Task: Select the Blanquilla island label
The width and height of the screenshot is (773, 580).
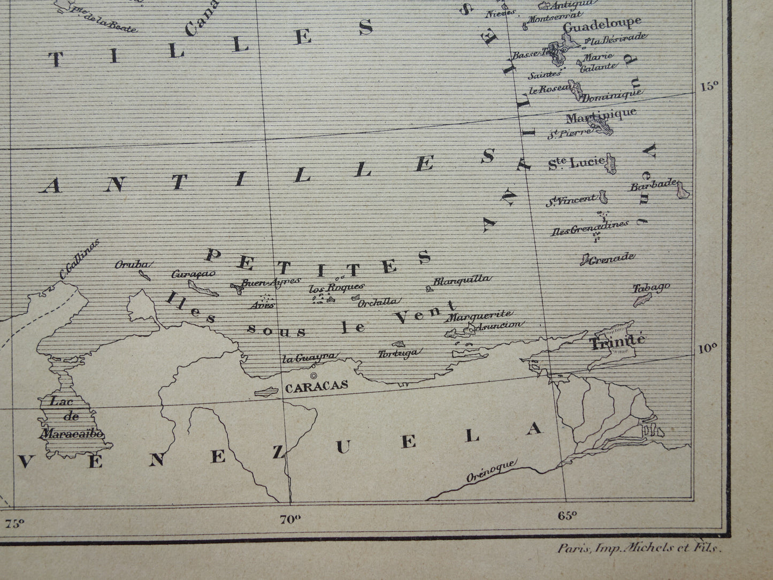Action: (461, 279)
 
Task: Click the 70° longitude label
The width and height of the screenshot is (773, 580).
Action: (289, 518)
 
